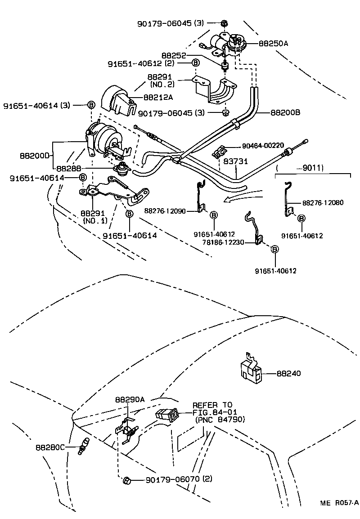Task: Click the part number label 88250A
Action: tap(273, 44)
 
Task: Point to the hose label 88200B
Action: tap(285, 113)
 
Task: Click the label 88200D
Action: tap(35, 156)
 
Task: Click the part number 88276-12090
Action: tap(165, 210)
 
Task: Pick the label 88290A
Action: tap(130, 399)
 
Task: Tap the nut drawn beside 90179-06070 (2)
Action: tap(126, 481)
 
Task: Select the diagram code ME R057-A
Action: tap(339, 503)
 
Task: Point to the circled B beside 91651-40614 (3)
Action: tap(90, 105)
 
